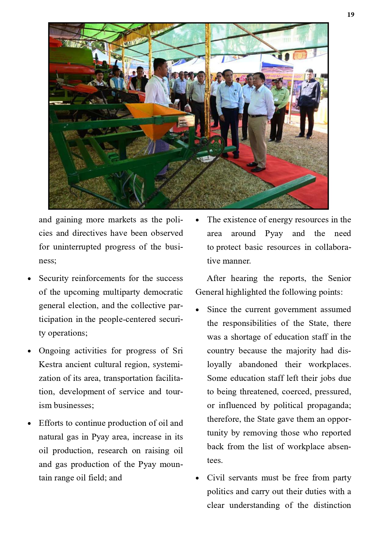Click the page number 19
[351, 15]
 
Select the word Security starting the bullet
[53, 279]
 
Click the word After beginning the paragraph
[216, 279]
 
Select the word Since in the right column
[217, 310]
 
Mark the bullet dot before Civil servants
[197, 478]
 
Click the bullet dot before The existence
[197, 220]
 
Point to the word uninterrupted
[77, 247]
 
